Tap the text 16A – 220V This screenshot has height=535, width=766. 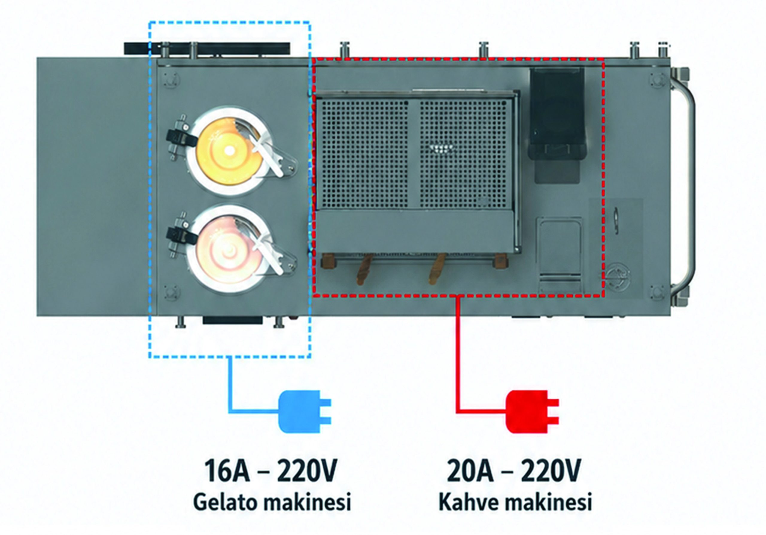[x=270, y=470]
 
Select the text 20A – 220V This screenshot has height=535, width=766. [x=514, y=470]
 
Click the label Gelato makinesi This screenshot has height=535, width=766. [x=272, y=502]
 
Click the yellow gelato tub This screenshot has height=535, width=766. [x=229, y=151]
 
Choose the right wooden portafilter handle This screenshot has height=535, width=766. [x=437, y=269]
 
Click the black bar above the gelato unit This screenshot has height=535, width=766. [x=207, y=49]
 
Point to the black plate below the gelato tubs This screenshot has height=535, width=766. [x=232, y=321]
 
